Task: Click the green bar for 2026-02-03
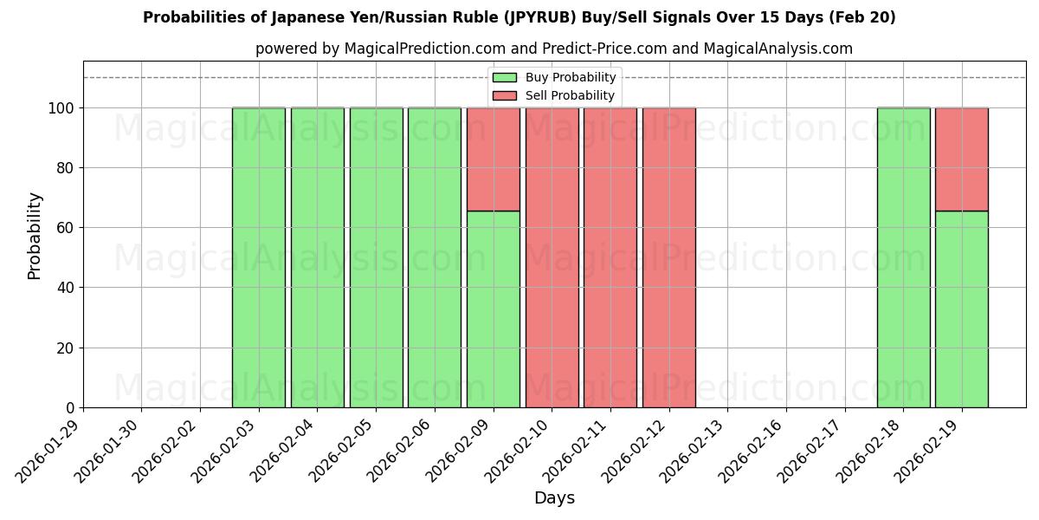(x=259, y=257)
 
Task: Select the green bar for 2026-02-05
(x=376, y=257)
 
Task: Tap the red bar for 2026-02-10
(x=552, y=257)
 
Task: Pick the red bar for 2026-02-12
(x=668, y=257)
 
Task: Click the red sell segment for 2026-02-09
(x=494, y=159)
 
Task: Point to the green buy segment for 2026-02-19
(x=962, y=309)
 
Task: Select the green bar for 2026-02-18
(x=903, y=257)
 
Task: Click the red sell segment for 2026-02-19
(x=962, y=159)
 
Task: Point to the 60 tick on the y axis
(x=66, y=228)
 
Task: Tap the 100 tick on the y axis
(x=61, y=108)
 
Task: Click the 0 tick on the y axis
(x=70, y=408)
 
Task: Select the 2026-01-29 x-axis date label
(x=50, y=451)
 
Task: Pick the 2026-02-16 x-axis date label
(x=753, y=451)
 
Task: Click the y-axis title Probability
(x=35, y=235)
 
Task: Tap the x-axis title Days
(x=554, y=498)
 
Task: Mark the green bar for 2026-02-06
(x=435, y=257)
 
